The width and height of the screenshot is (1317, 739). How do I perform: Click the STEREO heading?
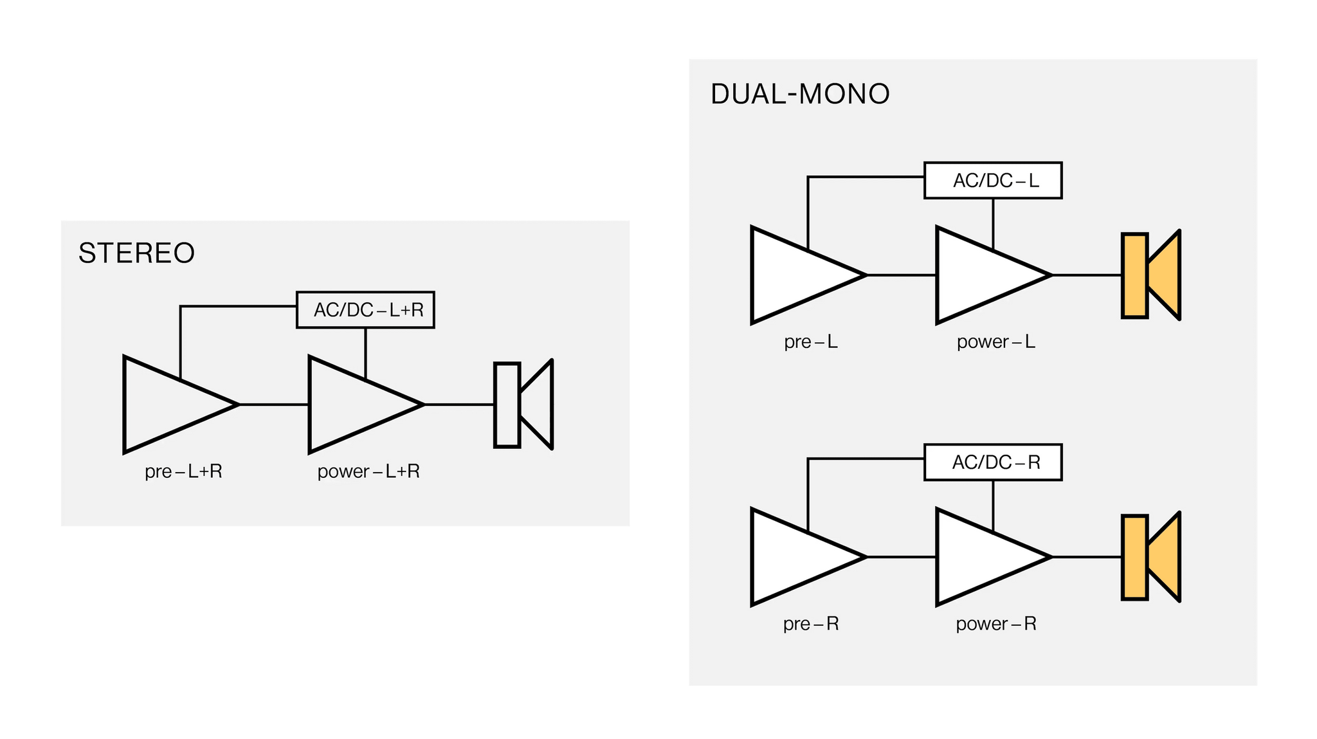136,253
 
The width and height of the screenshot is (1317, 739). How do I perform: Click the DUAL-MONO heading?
800,94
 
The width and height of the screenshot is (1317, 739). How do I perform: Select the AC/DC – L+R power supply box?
365,310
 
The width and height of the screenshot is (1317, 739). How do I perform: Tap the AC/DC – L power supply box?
993,180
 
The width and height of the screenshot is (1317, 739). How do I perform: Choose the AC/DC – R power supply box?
993,462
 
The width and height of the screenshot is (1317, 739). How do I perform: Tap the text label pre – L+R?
183,471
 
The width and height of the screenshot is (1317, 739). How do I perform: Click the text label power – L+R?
368,471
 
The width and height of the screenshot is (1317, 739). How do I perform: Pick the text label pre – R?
811,624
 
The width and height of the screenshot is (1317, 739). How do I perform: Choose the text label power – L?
996,342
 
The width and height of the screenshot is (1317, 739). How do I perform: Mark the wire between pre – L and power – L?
902,275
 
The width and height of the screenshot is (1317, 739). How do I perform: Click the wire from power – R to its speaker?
1087,557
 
